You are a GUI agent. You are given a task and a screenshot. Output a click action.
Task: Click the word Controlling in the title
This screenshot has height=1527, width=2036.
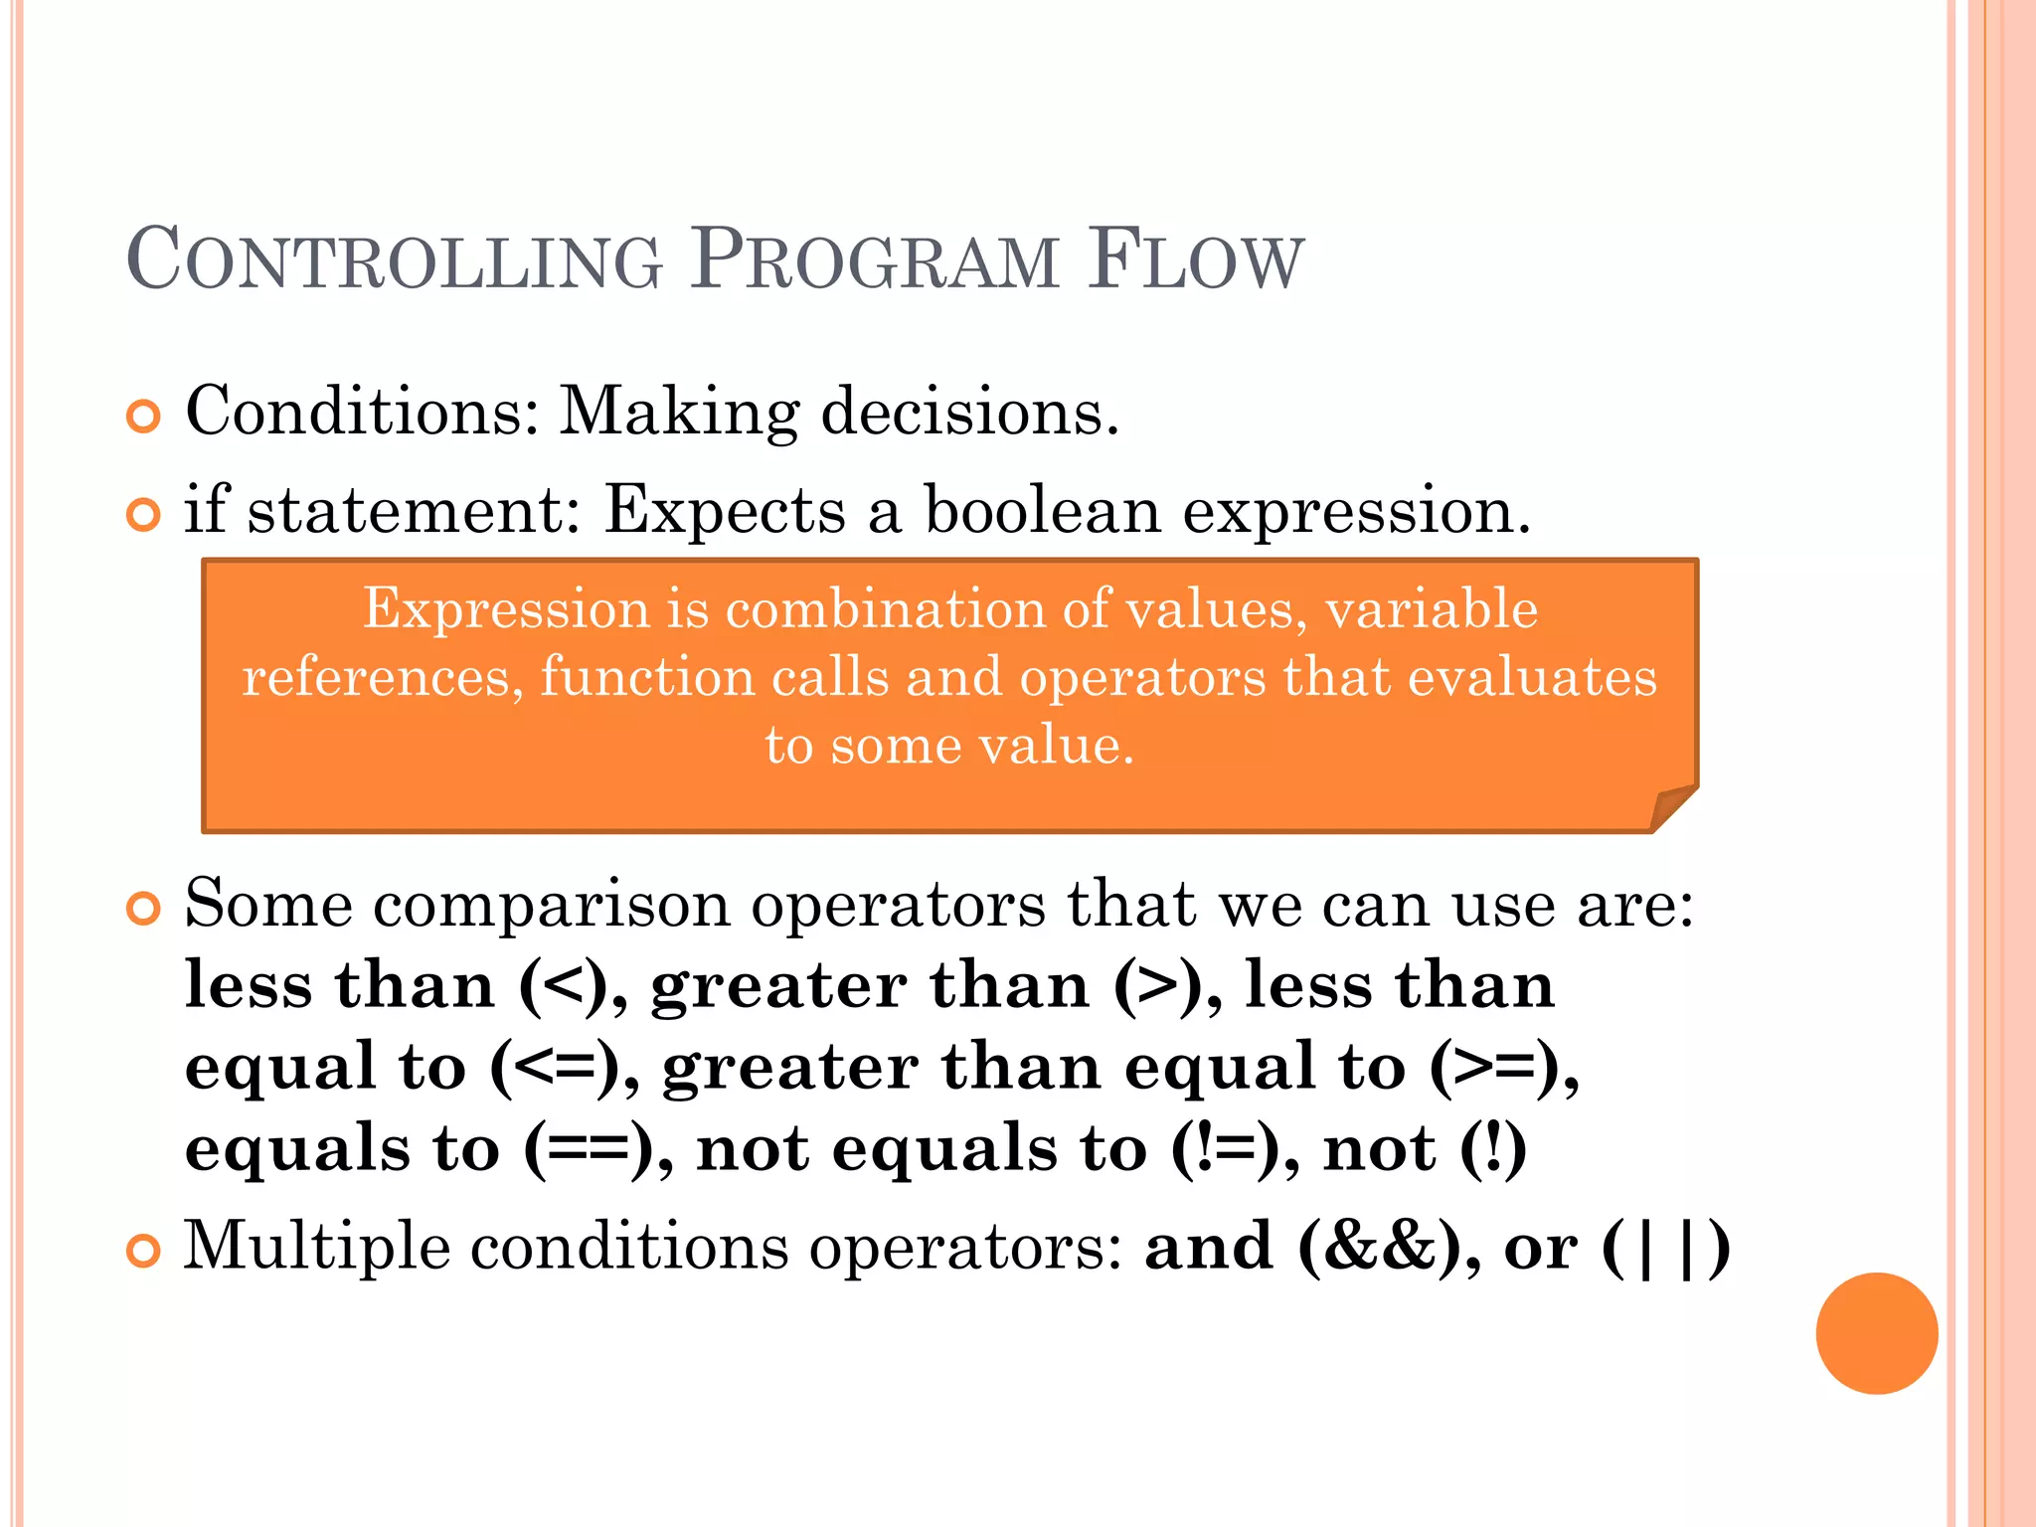tap(395, 259)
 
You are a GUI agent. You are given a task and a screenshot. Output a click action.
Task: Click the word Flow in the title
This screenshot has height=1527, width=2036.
tap(1194, 259)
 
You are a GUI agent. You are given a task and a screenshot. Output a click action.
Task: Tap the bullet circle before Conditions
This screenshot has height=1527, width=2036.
tap(144, 417)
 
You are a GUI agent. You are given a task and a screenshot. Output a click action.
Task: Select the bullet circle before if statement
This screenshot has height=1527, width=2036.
tap(144, 515)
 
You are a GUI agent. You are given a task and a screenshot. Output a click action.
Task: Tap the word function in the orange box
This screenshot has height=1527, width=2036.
tap(647, 678)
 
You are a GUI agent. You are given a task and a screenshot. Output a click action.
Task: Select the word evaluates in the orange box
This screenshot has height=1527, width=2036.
tap(1532, 678)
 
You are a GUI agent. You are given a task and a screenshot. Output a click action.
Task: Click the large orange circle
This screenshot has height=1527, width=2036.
tap(1876, 1333)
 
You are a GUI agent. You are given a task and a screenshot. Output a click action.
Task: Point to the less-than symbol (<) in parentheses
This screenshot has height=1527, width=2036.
tap(563, 986)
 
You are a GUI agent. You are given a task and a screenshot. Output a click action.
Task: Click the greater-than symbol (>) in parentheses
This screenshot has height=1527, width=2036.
tap(1157, 986)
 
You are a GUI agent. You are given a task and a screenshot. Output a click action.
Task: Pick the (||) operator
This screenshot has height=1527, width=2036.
tap(1666, 1247)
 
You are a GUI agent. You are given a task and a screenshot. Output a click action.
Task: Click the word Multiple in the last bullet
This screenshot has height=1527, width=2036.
tap(316, 1247)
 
